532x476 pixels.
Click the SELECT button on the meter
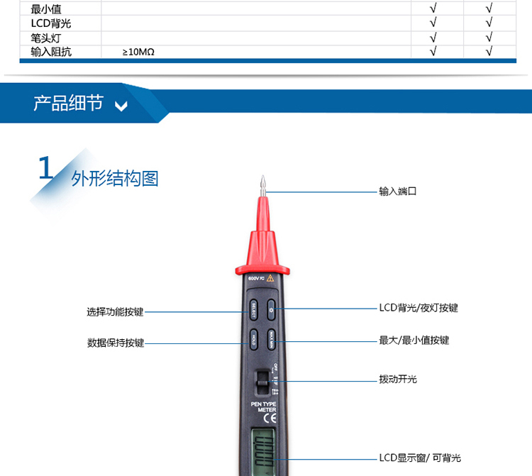tap(253, 310)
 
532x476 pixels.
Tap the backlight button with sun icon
tap(272, 310)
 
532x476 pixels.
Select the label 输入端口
tap(397, 192)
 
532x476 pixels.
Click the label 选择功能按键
tap(115, 311)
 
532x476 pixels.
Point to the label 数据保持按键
tap(115, 343)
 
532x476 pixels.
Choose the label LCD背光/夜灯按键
tap(419, 308)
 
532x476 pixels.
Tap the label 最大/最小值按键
tap(414, 341)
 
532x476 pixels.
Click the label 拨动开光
tap(398, 380)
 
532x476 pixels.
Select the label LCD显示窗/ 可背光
tap(420, 458)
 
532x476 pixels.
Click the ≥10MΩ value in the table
tap(138, 52)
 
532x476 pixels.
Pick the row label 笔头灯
tap(46, 38)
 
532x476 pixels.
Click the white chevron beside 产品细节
tap(121, 106)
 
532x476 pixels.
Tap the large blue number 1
tap(45, 170)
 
